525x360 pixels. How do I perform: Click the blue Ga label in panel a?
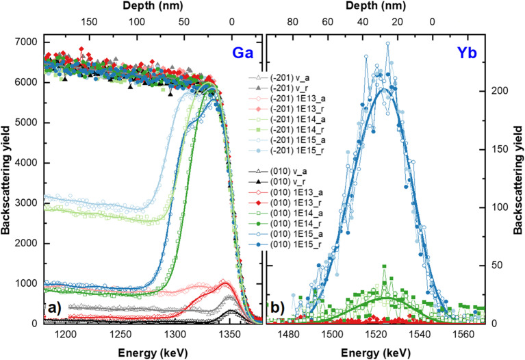pyautogui.click(x=243, y=53)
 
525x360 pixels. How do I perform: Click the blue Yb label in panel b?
pyautogui.click(x=467, y=53)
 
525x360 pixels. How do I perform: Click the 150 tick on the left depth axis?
pyautogui.click(x=89, y=22)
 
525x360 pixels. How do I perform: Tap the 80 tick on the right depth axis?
pyautogui.click(x=293, y=22)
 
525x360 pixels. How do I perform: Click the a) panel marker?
pyautogui.click(x=54, y=308)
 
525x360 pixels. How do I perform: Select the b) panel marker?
pyautogui.click(x=278, y=308)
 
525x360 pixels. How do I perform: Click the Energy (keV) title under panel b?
pyautogui.click(x=376, y=352)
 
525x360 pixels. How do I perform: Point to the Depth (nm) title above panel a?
pyautogui.click(x=153, y=5)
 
